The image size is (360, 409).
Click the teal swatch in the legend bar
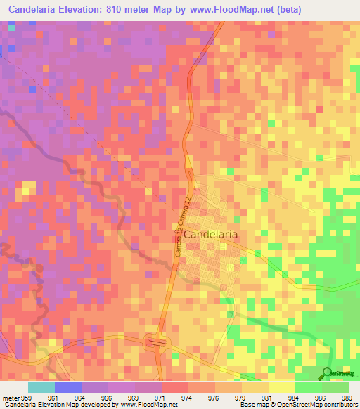[41, 388]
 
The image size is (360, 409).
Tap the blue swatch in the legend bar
[68, 388]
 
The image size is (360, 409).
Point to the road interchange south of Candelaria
[156, 343]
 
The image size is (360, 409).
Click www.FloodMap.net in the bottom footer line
[135, 405]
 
